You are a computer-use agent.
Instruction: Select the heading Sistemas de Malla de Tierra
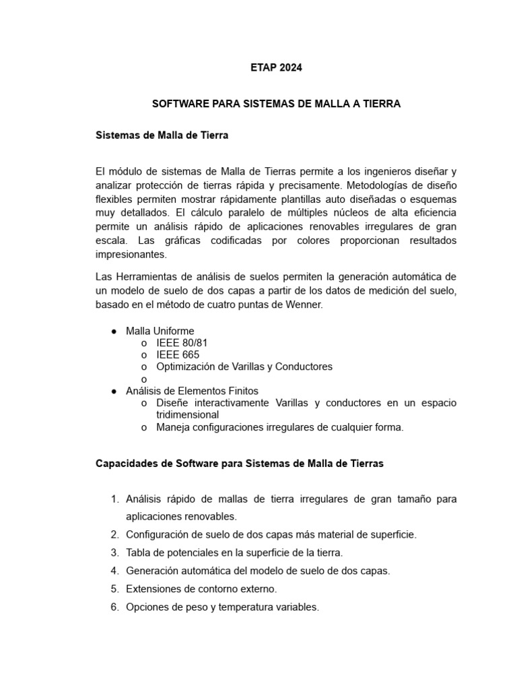point(162,135)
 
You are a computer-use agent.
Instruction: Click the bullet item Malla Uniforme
point(160,331)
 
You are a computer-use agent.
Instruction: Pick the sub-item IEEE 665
point(178,354)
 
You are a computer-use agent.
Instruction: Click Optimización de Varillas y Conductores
point(244,367)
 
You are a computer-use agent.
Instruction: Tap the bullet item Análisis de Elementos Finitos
point(192,391)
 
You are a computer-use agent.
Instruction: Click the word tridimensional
point(188,415)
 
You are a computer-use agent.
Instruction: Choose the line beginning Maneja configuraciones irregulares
point(279,427)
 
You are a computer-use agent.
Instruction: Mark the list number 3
point(114,553)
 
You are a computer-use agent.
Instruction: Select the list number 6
point(114,607)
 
